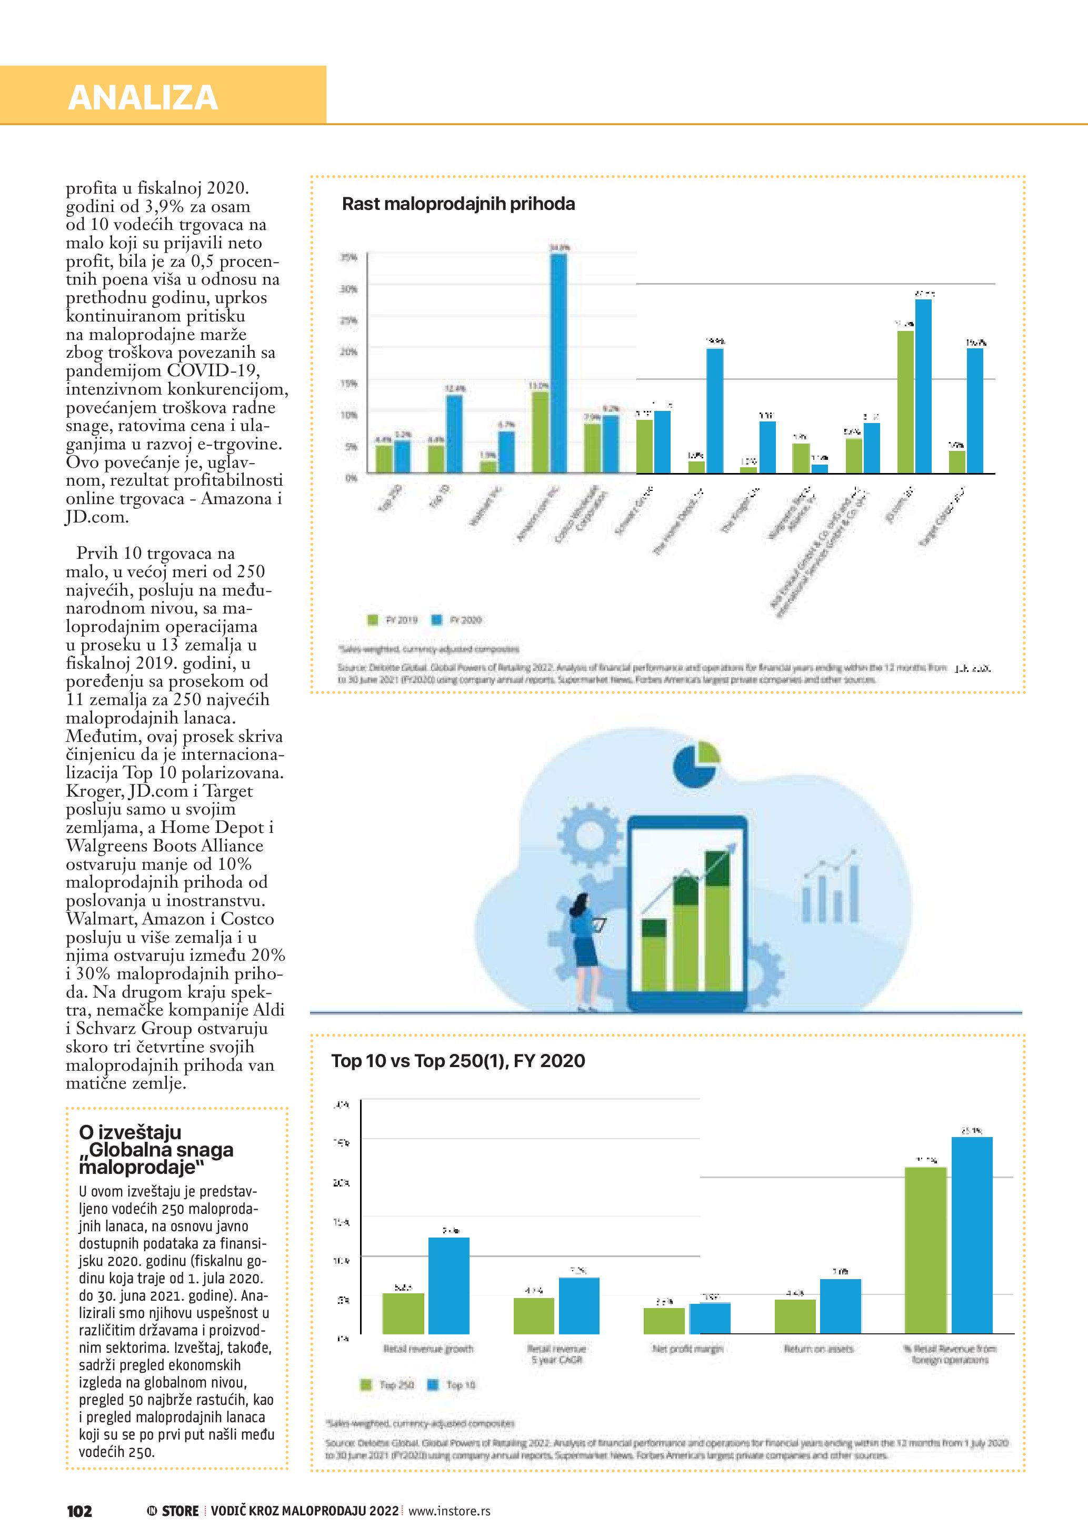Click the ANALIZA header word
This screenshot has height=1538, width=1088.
coord(143,97)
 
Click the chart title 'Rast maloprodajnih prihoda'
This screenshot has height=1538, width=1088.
coord(458,204)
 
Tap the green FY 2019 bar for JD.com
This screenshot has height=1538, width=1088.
coord(905,402)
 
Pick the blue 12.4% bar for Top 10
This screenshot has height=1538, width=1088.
coord(454,434)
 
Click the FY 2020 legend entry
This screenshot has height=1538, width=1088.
coord(457,620)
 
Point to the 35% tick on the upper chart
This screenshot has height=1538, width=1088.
coord(349,257)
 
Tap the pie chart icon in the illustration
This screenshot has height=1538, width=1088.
coord(695,765)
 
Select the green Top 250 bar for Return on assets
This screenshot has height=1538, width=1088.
coord(795,1315)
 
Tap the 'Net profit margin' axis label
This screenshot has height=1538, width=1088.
coord(687,1349)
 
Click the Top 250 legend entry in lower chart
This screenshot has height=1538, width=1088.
coord(388,1384)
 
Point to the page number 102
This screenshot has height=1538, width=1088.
coord(79,1511)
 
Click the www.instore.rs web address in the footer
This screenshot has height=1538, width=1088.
coord(449,1511)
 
